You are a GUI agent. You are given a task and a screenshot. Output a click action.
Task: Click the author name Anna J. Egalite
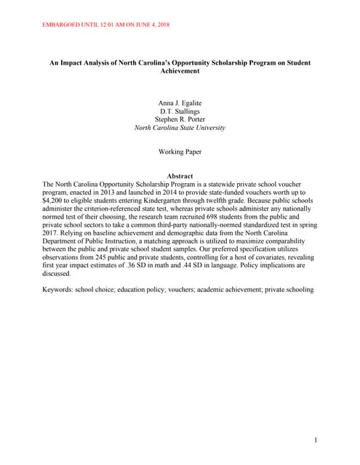point(180,104)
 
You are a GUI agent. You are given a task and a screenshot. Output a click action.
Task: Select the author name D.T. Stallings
point(180,112)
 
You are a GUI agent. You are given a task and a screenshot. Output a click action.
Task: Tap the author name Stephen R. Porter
point(180,120)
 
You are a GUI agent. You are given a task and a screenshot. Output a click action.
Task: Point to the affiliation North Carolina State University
point(180,128)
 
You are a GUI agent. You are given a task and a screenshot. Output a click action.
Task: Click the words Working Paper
point(180,152)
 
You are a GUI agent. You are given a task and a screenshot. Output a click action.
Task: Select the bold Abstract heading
point(180,177)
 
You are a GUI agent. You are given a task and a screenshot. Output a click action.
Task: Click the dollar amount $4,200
point(55,199)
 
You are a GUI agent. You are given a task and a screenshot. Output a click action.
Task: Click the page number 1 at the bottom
point(316,440)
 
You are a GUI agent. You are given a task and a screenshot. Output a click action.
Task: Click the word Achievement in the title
point(180,72)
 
